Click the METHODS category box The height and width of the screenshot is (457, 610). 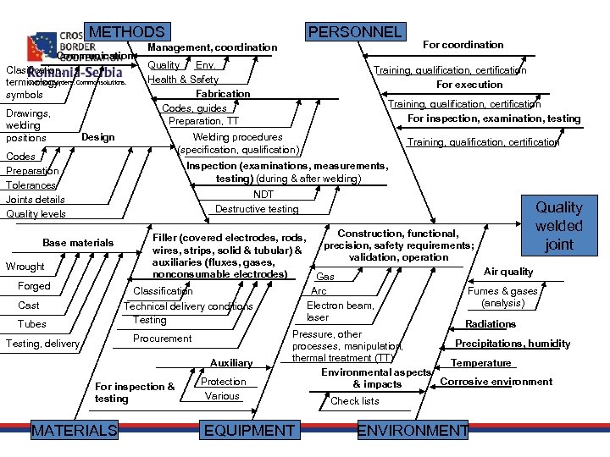click(127, 32)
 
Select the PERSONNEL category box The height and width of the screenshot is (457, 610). click(355, 32)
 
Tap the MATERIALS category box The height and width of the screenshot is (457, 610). click(75, 431)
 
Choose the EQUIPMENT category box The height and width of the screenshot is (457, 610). click(249, 431)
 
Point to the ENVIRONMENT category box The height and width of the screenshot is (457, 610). click(413, 431)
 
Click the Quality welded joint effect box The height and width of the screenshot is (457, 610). click(559, 226)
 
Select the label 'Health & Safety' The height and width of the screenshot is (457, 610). click(183, 80)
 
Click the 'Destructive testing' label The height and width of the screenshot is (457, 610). click(257, 209)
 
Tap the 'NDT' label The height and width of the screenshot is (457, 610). click(263, 195)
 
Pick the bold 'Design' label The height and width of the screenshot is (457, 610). click(98, 137)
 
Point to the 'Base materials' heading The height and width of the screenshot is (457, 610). click(78, 243)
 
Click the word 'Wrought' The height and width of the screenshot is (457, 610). click(25, 267)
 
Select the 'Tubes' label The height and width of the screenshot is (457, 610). click(32, 324)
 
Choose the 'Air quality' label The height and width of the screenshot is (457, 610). click(508, 272)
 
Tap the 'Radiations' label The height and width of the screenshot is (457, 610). click(491, 324)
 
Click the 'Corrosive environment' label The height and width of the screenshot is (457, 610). click(496, 382)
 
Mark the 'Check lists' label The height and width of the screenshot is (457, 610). click(355, 401)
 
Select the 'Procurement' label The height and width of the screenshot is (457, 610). click(163, 339)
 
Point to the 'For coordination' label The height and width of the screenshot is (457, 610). click(463, 45)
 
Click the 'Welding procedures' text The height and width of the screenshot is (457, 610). click(238, 137)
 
